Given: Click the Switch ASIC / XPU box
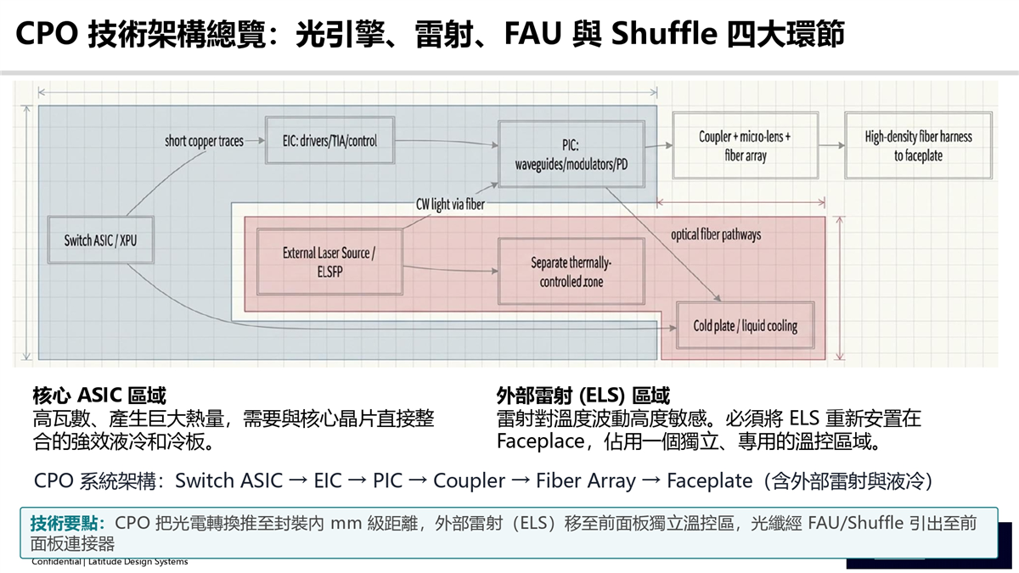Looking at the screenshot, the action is coord(101,239).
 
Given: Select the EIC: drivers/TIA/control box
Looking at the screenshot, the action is coord(329,140).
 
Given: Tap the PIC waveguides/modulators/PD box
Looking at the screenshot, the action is coord(571,154).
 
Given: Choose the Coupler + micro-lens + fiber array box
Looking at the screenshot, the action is coord(746,145).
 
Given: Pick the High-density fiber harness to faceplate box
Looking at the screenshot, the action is coord(919,145).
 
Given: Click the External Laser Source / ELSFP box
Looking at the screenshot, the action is coord(329,262).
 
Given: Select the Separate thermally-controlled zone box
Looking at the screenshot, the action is coord(571,272).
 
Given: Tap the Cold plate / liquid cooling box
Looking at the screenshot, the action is coord(746,326).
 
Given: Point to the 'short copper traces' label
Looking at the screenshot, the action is coord(205,141).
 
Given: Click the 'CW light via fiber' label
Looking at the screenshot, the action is coord(450,205).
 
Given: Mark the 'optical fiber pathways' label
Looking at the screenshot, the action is coord(716,234).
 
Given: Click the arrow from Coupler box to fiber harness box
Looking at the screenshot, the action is coord(831,145).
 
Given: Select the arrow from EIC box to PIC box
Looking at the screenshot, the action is coord(447,142).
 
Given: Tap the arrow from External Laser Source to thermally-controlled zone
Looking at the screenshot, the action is coord(450,269).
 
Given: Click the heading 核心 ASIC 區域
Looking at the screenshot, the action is coord(99,396).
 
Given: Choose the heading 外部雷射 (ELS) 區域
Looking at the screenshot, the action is coord(583,396).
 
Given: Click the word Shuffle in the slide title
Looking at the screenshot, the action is coord(665,33).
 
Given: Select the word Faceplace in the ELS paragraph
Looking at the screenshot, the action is coord(540,441).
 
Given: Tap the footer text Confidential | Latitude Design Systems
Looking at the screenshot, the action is coord(110,562).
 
